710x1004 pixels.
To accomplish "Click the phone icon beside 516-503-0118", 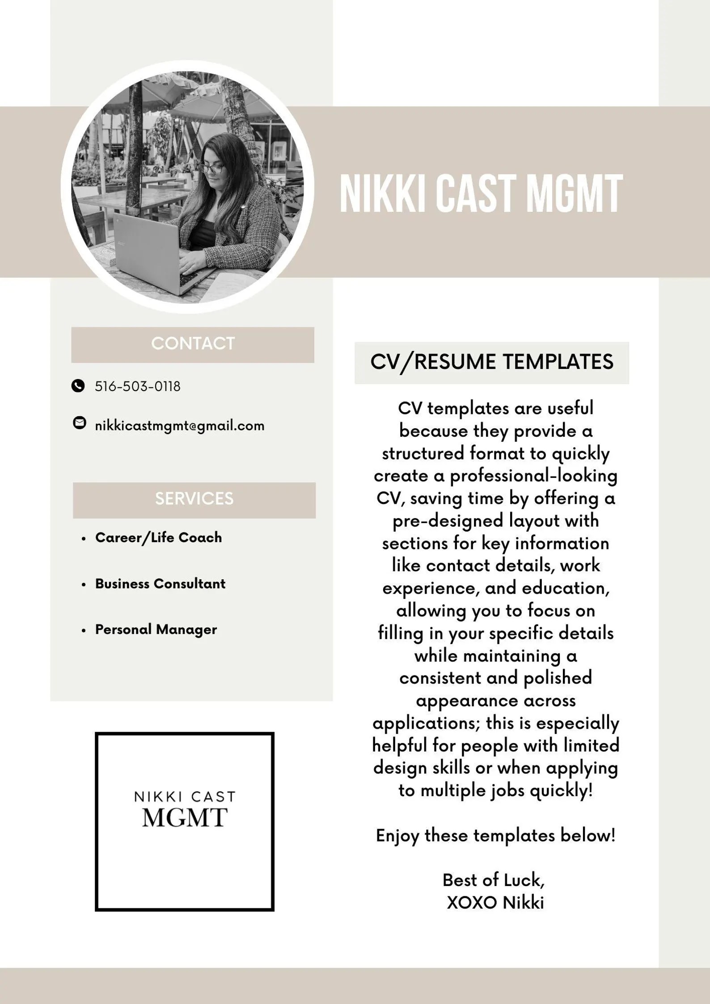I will (x=78, y=385).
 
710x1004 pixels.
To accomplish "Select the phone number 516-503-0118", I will (x=138, y=386).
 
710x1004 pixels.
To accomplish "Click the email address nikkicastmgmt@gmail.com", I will (x=180, y=426).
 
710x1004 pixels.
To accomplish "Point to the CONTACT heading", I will (x=193, y=344).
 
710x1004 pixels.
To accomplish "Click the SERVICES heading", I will (x=194, y=499).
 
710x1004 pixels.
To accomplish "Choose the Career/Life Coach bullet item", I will (x=158, y=537).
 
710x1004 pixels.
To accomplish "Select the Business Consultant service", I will (x=160, y=583).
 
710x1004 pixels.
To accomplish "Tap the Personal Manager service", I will (x=156, y=629).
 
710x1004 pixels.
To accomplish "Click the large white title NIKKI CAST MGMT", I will (x=481, y=194).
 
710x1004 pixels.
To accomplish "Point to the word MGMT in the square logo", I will (x=185, y=817).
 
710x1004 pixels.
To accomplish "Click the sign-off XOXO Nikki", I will (x=495, y=903).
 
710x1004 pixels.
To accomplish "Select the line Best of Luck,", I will (x=494, y=880).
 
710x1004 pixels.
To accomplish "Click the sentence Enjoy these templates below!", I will (x=495, y=835).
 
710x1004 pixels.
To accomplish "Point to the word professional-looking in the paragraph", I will (x=533, y=476).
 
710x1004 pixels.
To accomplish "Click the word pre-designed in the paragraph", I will (x=448, y=521).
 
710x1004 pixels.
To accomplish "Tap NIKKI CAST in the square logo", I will (x=185, y=797).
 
